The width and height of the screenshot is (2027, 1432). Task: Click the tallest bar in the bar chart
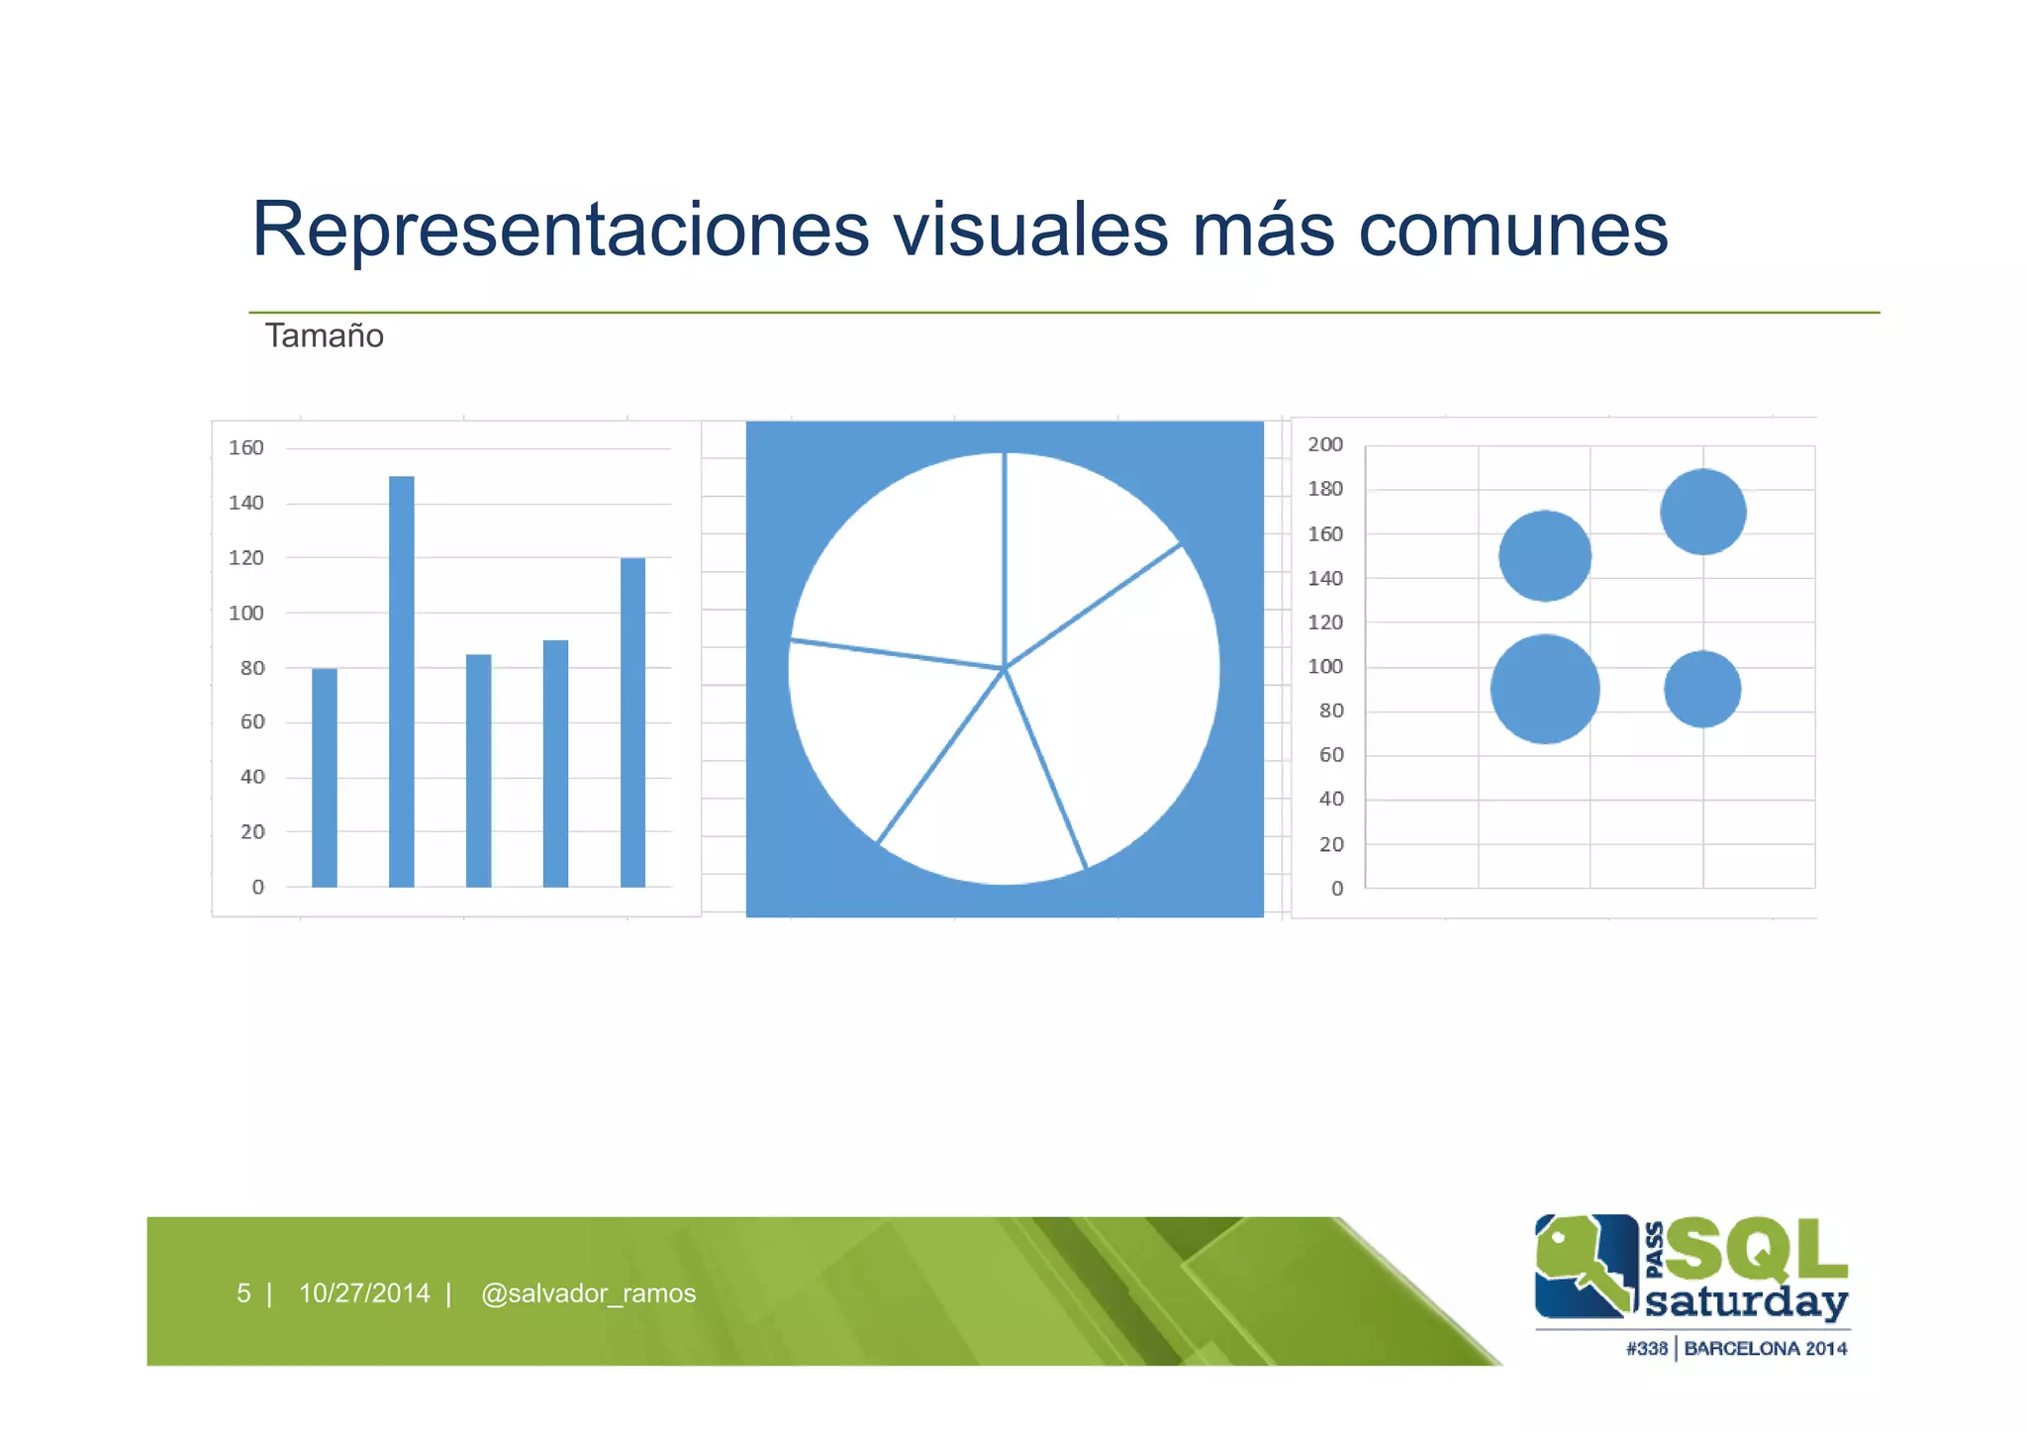pyautogui.click(x=401, y=683)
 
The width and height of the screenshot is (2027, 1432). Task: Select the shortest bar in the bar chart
pyautogui.click(x=325, y=778)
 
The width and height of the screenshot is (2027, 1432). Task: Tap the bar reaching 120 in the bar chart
pyautogui.click(x=632, y=722)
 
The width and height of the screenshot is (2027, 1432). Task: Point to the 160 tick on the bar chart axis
pyautogui.click(x=246, y=448)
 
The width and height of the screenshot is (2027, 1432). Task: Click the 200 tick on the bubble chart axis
pyautogui.click(x=1325, y=445)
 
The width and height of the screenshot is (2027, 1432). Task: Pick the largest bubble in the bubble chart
pyautogui.click(x=1544, y=689)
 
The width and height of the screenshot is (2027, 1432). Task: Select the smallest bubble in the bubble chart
pyautogui.click(x=1702, y=689)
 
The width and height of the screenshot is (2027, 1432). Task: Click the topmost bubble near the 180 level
pyautogui.click(x=1702, y=512)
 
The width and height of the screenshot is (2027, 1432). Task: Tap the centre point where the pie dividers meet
pyautogui.click(x=1005, y=669)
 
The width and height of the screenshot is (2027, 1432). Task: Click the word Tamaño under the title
pyautogui.click(x=324, y=336)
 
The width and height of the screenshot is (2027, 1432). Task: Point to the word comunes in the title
pyautogui.click(x=1512, y=230)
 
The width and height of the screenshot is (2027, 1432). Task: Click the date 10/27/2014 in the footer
pyautogui.click(x=364, y=1293)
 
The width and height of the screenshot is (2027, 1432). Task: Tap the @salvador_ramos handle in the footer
pyautogui.click(x=588, y=1293)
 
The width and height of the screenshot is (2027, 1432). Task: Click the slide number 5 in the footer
pyautogui.click(x=243, y=1293)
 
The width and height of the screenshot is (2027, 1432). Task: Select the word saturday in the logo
pyautogui.click(x=1746, y=1301)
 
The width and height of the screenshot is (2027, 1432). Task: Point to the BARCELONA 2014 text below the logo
pyautogui.click(x=1765, y=1349)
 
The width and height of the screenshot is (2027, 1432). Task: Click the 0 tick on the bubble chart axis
pyautogui.click(x=1337, y=889)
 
